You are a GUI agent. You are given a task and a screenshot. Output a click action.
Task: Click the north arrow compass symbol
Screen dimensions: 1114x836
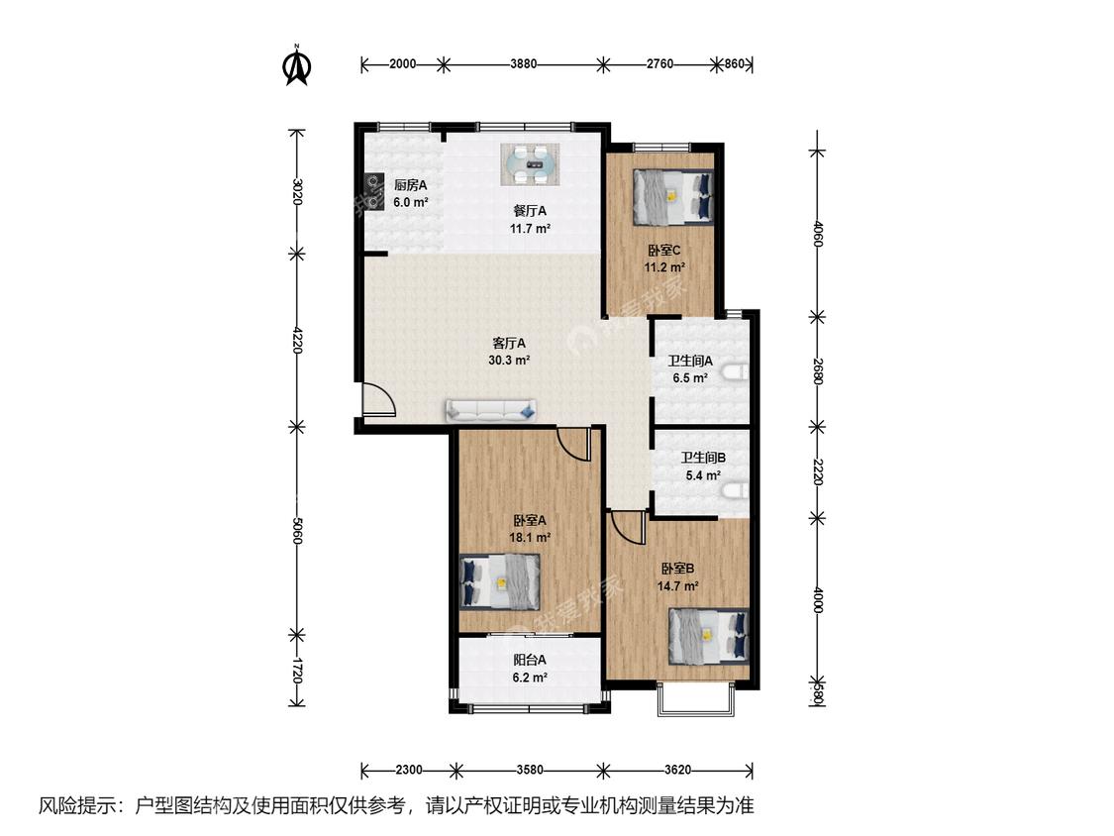[x=298, y=65]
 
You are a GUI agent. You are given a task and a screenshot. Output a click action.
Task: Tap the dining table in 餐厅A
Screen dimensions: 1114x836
[x=530, y=165]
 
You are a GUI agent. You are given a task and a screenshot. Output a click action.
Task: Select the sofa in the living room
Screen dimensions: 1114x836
[x=491, y=410]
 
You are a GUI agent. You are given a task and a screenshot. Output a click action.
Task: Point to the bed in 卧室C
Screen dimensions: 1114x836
[x=672, y=196]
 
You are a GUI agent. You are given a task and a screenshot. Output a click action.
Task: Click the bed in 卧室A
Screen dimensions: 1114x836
[x=500, y=581]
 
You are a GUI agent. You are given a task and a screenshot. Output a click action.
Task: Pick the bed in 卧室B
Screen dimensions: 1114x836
[x=709, y=635]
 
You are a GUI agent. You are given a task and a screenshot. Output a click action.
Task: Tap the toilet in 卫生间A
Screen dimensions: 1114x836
[x=738, y=371]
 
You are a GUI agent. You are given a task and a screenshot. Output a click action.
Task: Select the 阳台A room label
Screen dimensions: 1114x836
[x=530, y=660]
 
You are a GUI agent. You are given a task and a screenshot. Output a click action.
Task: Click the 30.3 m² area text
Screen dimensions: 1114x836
[x=509, y=360]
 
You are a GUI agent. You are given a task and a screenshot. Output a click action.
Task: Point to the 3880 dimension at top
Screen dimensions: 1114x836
[x=524, y=64]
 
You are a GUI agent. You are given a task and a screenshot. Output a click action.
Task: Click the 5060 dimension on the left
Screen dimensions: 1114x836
[x=297, y=530]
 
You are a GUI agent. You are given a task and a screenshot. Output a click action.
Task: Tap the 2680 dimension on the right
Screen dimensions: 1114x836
[x=818, y=371]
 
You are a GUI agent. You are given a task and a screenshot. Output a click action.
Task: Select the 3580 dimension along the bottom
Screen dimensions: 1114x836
[x=530, y=770]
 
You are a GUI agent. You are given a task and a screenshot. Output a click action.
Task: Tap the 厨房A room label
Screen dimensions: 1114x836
[x=411, y=185]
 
